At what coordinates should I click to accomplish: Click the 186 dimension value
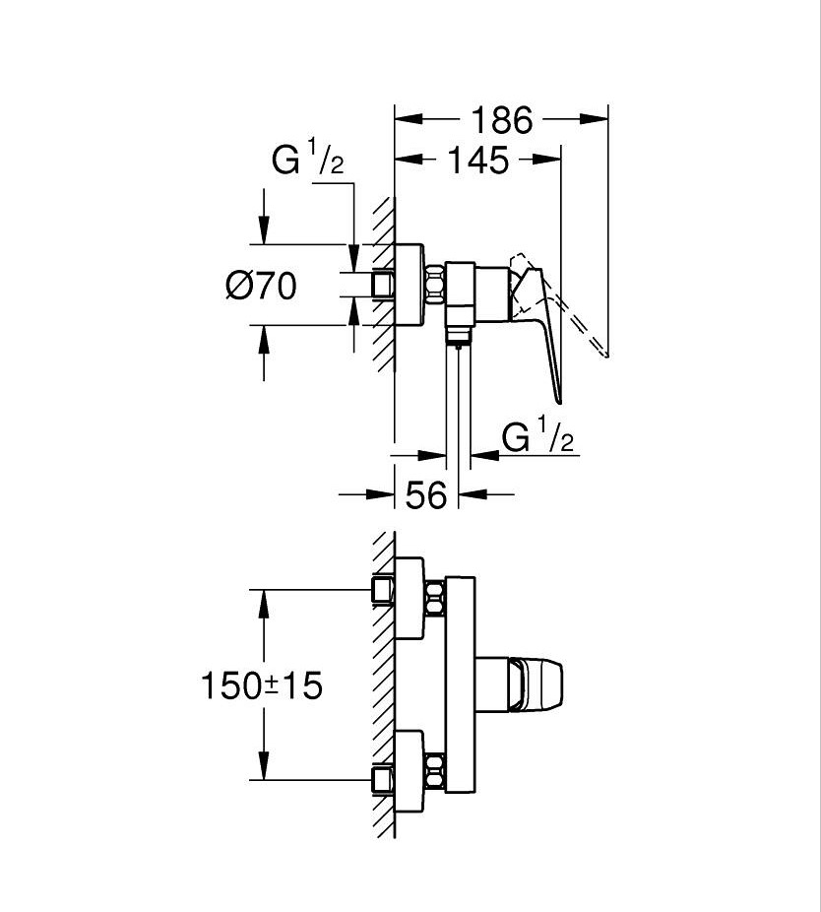click(500, 120)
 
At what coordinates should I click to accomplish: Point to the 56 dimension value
click(426, 495)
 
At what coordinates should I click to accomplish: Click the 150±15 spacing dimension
click(261, 685)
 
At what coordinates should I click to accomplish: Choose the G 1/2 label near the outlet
click(537, 437)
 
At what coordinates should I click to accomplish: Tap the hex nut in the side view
click(435, 285)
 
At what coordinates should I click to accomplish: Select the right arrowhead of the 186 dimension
click(595, 119)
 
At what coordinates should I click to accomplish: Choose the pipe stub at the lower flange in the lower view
click(382, 781)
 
